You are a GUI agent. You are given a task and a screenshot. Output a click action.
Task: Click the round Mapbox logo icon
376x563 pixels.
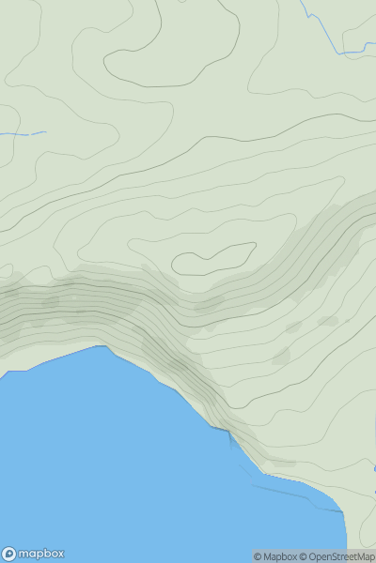point(9,554)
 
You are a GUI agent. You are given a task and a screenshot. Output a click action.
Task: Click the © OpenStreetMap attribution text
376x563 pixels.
point(340,556)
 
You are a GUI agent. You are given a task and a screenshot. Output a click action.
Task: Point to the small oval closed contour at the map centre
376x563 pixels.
point(215,258)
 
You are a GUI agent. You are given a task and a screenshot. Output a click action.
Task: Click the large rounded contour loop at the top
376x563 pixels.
point(169,47)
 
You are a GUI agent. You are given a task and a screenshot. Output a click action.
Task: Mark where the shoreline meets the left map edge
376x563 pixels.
point(2,376)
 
